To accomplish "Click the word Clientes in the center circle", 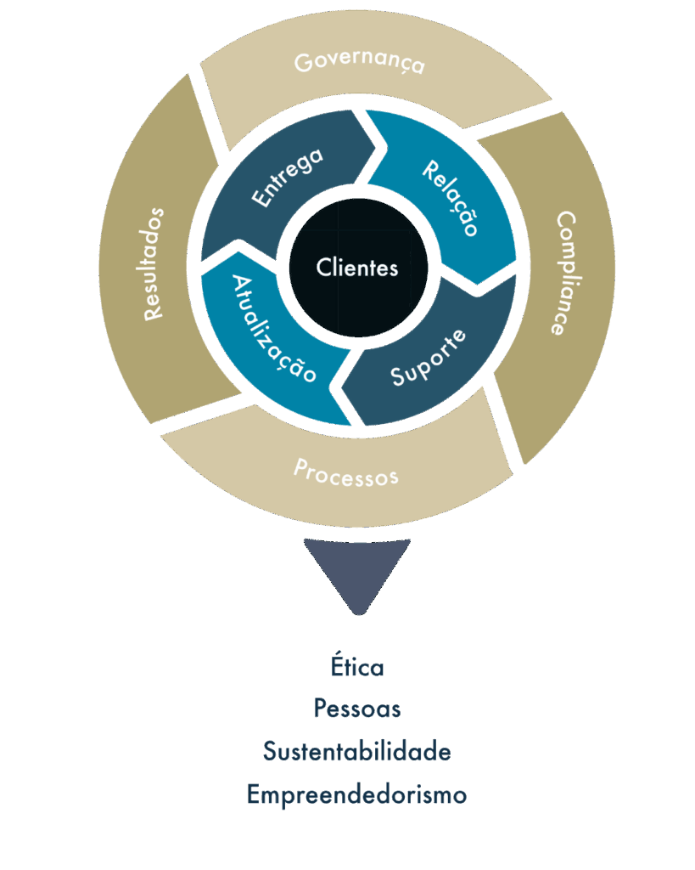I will pos(357,268).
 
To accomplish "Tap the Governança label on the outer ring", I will pos(359,64).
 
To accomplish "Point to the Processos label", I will pos(345,472).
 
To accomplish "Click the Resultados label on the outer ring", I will pos(154,264).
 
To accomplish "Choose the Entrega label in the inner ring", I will pos(288,178).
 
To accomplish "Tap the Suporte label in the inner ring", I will pos(429,359).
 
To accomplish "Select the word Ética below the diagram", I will pos(357,666).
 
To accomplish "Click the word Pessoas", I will pos(357,708).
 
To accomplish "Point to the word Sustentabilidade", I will pos(356,752).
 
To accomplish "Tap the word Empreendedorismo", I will pos(356,795).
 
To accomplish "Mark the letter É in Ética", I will pos(337,665).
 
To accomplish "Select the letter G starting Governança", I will pos(302,63).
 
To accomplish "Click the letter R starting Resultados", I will pos(153,312).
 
